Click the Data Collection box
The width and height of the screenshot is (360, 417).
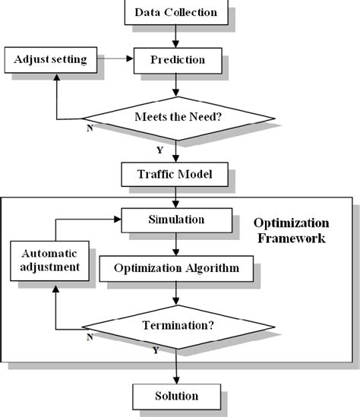coord(175,12)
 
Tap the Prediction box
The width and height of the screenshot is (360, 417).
coord(177,59)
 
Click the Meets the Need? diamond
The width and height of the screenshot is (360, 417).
coord(177,117)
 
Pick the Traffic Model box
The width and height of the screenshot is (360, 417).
coord(176,175)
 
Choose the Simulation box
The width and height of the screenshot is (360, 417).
coord(175,220)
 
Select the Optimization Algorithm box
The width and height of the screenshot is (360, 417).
coord(176,268)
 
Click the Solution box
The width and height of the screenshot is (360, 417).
coord(176,396)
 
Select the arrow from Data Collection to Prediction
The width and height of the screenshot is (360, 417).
coord(176,35)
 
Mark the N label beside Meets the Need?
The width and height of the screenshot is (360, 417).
coord(90,129)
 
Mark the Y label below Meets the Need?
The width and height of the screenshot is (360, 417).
coord(159,150)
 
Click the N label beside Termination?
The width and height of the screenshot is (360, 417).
coord(90,337)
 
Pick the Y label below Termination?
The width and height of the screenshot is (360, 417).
coord(155,351)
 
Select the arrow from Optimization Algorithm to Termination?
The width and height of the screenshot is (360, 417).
coord(176,293)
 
